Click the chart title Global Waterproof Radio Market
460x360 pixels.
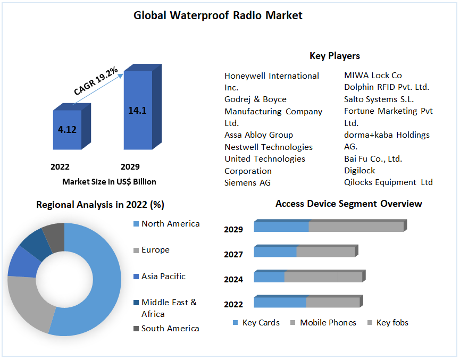tap(218, 15)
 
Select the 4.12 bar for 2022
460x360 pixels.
tap(67, 129)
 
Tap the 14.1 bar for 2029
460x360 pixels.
tap(137, 110)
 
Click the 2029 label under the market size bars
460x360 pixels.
tap(130, 166)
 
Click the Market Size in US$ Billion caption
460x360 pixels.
tap(109, 182)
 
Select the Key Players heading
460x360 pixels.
tap(334, 56)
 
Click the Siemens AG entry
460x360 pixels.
tap(247, 183)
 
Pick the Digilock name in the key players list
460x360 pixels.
tap(359, 171)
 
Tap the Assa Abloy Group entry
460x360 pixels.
tap(258, 135)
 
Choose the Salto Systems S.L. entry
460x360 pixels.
tap(379, 99)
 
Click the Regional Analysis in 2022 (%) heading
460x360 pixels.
tap(101, 205)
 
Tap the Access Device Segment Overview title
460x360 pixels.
tap(348, 204)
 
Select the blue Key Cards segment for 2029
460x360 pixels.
tap(281, 227)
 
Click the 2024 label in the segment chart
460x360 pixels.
tap(233, 279)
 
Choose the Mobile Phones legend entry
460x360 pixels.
tap(328, 323)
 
